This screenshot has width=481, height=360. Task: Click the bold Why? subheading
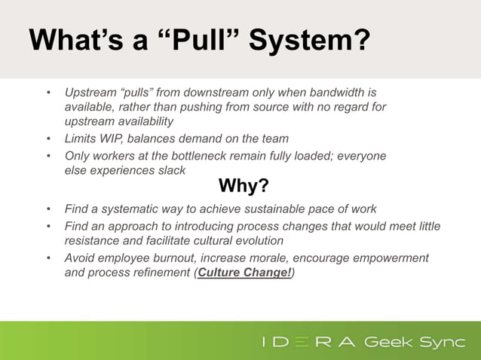244,185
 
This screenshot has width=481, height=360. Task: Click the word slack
171,170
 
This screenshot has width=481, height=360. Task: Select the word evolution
259,241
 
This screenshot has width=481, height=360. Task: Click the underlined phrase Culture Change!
244,273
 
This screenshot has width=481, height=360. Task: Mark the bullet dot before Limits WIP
49,139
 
